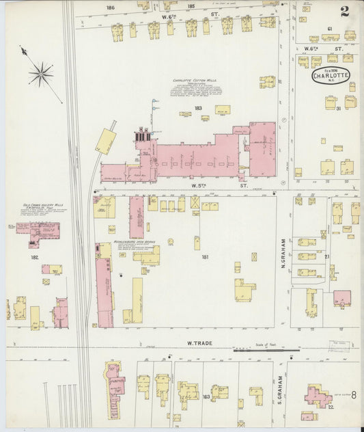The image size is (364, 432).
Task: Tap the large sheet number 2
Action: tap(347, 11)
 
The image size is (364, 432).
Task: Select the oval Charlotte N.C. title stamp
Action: tap(328, 75)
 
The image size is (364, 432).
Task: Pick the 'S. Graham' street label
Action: tap(280, 390)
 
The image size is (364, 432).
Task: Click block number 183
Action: tap(198, 108)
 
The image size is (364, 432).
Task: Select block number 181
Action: tap(204, 257)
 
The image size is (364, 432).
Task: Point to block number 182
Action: tap(34, 258)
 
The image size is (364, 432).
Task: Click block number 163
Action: tap(206, 396)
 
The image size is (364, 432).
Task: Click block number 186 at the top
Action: tap(129, 7)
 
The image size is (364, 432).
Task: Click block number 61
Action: tap(329, 28)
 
